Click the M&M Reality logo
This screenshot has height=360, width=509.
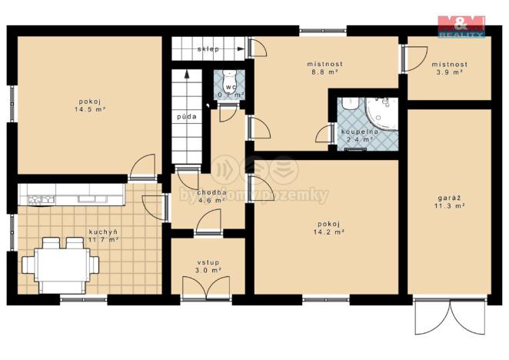(x=461, y=25)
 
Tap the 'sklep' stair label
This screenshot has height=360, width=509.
(x=208, y=48)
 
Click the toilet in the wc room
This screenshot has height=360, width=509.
(x=228, y=80)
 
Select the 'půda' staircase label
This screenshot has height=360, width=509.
(x=186, y=117)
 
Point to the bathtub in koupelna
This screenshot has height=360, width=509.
(x=382, y=113)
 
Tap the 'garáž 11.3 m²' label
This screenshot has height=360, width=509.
(x=450, y=201)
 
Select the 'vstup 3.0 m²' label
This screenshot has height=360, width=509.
(x=208, y=266)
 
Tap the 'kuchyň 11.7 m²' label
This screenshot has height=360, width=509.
(x=103, y=235)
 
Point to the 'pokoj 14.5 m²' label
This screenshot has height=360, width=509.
(x=90, y=105)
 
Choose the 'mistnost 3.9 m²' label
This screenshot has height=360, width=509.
(x=447, y=68)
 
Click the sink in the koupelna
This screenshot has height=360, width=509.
(x=349, y=102)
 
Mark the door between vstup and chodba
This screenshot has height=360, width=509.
(x=206, y=225)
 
